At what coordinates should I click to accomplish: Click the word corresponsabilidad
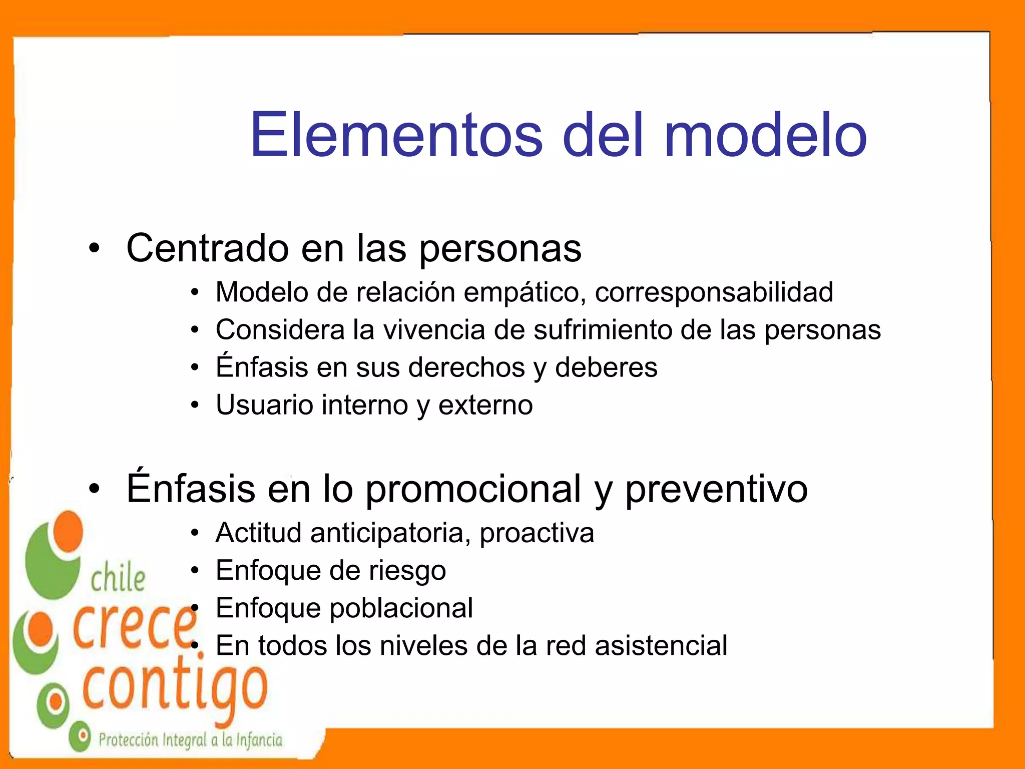(x=714, y=292)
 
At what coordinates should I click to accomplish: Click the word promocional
(x=473, y=489)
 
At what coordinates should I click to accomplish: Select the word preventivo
(x=716, y=489)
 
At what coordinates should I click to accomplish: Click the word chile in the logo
(x=118, y=578)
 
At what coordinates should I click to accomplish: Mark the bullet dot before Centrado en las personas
(x=95, y=248)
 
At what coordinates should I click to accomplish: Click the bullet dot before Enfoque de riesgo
(x=195, y=571)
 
